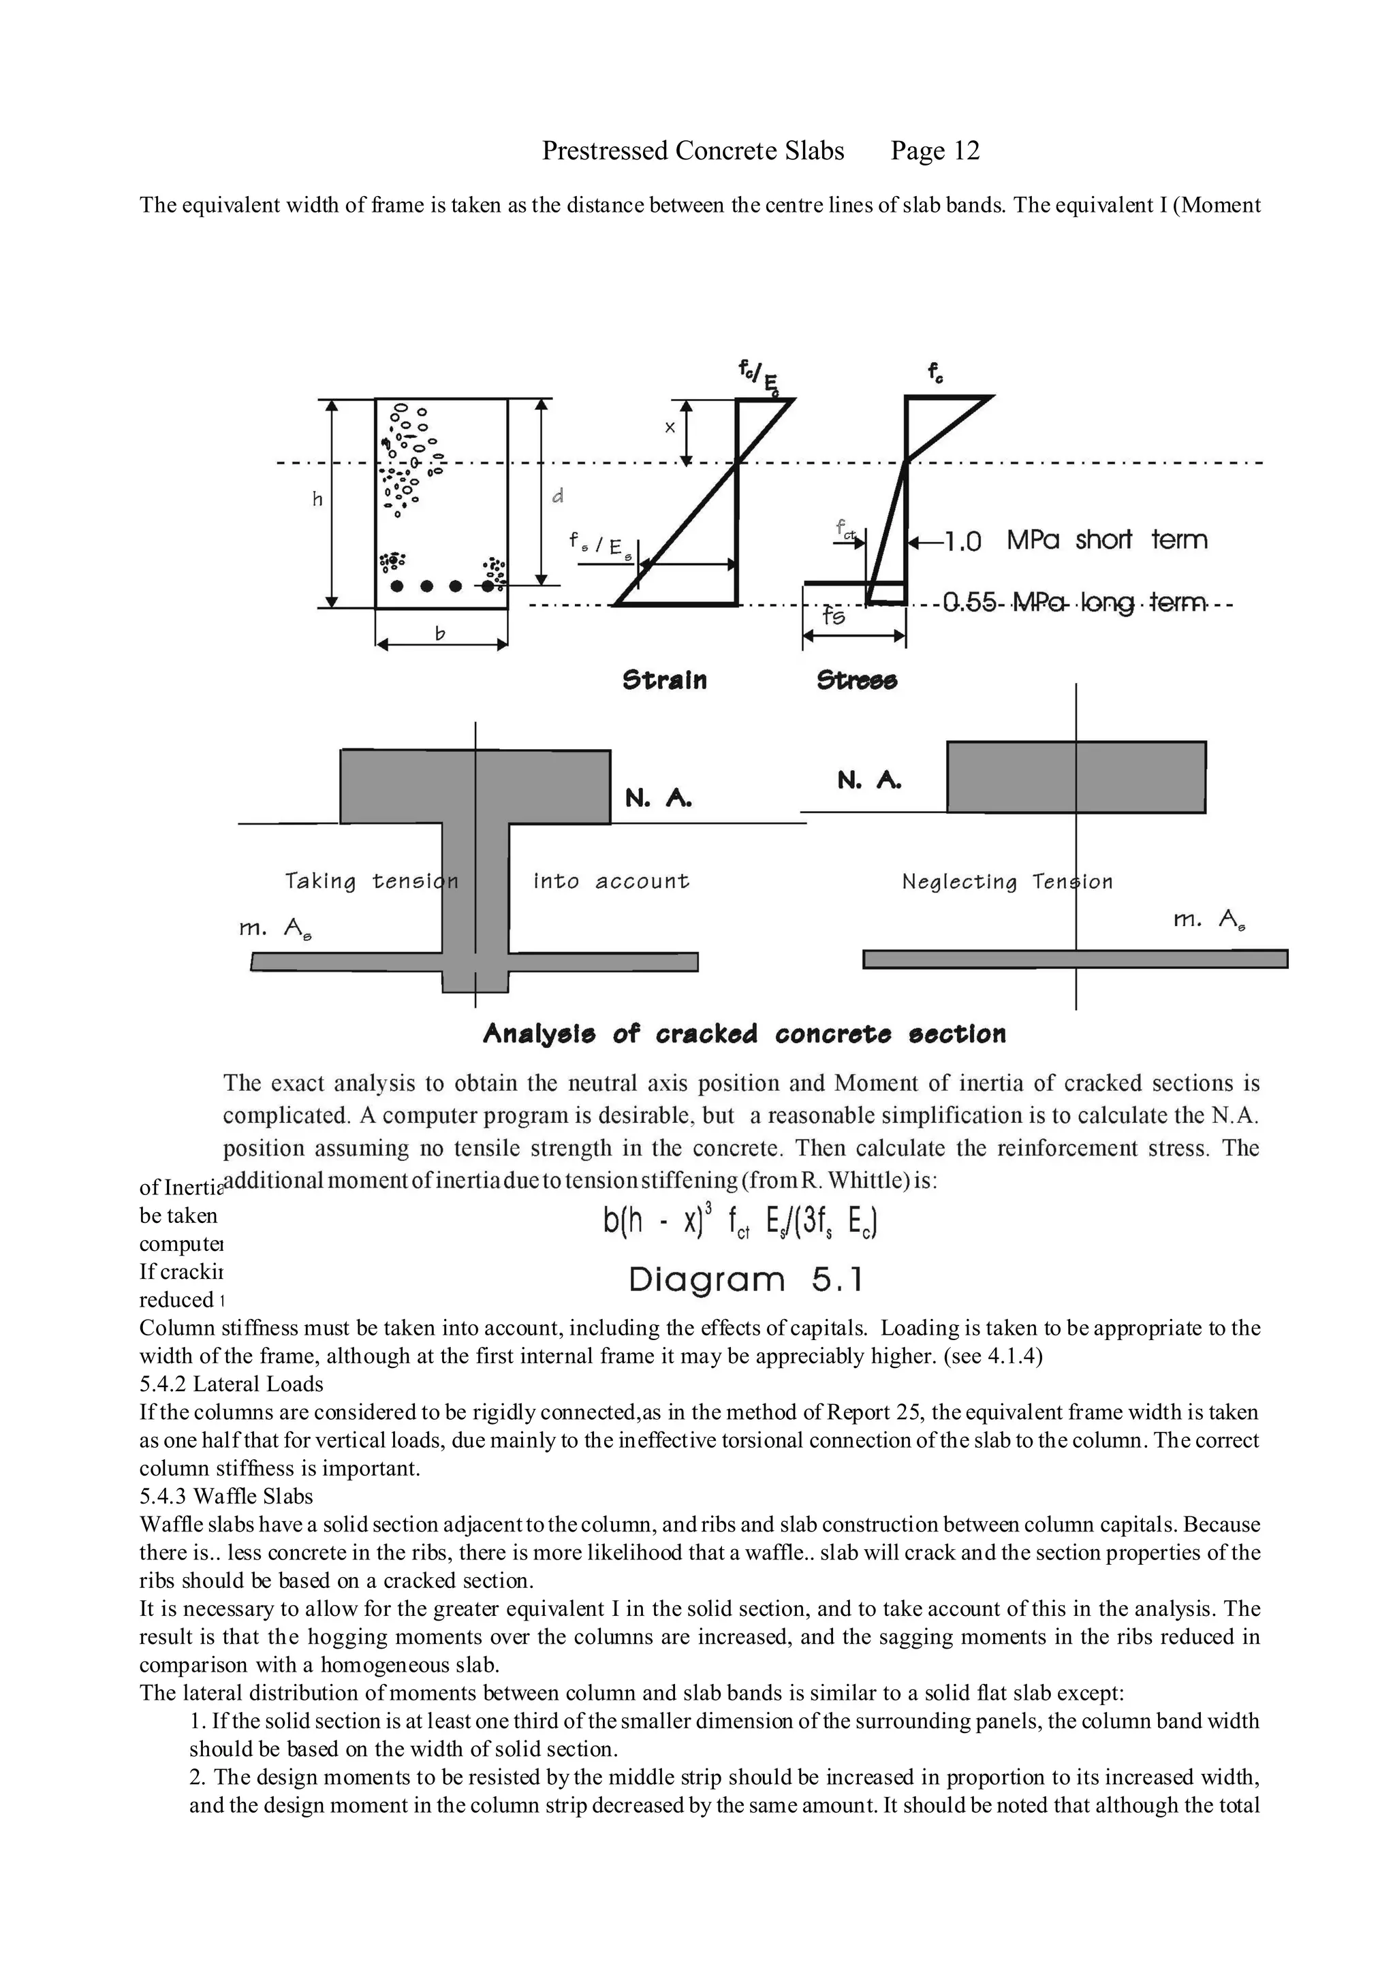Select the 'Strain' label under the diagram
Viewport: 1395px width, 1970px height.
pos(664,680)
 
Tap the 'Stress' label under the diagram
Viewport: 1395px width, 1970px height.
pos(856,680)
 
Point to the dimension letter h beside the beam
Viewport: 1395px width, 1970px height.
pos(317,499)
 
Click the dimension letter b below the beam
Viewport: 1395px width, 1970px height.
pos(441,634)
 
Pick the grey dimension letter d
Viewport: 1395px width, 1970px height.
pos(557,496)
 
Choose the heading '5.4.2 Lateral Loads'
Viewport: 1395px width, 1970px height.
pos(231,1384)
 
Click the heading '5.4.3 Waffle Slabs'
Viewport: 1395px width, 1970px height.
pos(226,1496)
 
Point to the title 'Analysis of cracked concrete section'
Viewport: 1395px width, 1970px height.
pos(744,1033)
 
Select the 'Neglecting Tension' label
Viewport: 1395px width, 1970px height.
pos(1007,881)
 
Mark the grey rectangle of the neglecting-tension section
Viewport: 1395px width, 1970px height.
pos(1076,776)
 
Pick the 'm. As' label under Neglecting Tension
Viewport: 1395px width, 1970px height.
pos(1208,921)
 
